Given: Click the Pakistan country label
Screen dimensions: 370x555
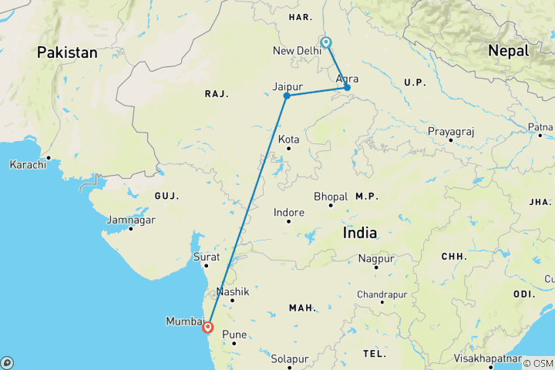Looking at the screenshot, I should point(67,52).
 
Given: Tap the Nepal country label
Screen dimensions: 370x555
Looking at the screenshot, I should point(508,51).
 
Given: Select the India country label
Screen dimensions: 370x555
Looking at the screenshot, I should point(360,232).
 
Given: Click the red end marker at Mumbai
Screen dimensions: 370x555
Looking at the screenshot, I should point(207,327).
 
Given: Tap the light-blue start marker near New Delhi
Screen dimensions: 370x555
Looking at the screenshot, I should point(326,42).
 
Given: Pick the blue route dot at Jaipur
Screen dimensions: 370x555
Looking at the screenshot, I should point(287,96).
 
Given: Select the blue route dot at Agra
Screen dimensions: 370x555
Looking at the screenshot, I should point(347,87).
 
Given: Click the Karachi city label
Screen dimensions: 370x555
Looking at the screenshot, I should point(27,164).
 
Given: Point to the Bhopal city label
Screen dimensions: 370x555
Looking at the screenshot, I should point(331,197).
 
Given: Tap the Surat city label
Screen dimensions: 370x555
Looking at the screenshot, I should point(206,257).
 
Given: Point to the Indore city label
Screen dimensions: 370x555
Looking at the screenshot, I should point(289,212).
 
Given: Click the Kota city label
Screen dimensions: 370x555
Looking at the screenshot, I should point(289,140).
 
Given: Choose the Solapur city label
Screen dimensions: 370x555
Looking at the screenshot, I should point(290,358).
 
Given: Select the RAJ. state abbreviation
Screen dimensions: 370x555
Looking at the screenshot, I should point(217,93).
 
